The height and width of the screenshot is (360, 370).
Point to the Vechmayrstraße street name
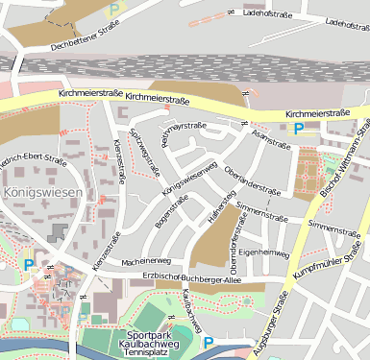184,133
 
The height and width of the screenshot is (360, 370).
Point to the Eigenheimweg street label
264,252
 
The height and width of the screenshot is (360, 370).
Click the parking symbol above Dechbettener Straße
115,10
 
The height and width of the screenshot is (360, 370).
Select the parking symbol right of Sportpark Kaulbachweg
208,341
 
